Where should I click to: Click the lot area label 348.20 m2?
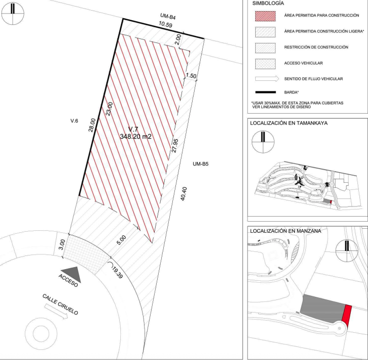135,136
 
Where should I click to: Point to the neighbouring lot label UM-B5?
200,164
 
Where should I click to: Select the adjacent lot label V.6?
74,121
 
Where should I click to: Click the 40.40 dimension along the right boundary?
183,193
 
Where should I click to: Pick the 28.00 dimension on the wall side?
92,125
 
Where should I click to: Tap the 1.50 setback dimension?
191,76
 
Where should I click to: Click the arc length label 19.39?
117,273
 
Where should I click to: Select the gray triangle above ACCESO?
71,274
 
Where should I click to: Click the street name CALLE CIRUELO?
60,304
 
